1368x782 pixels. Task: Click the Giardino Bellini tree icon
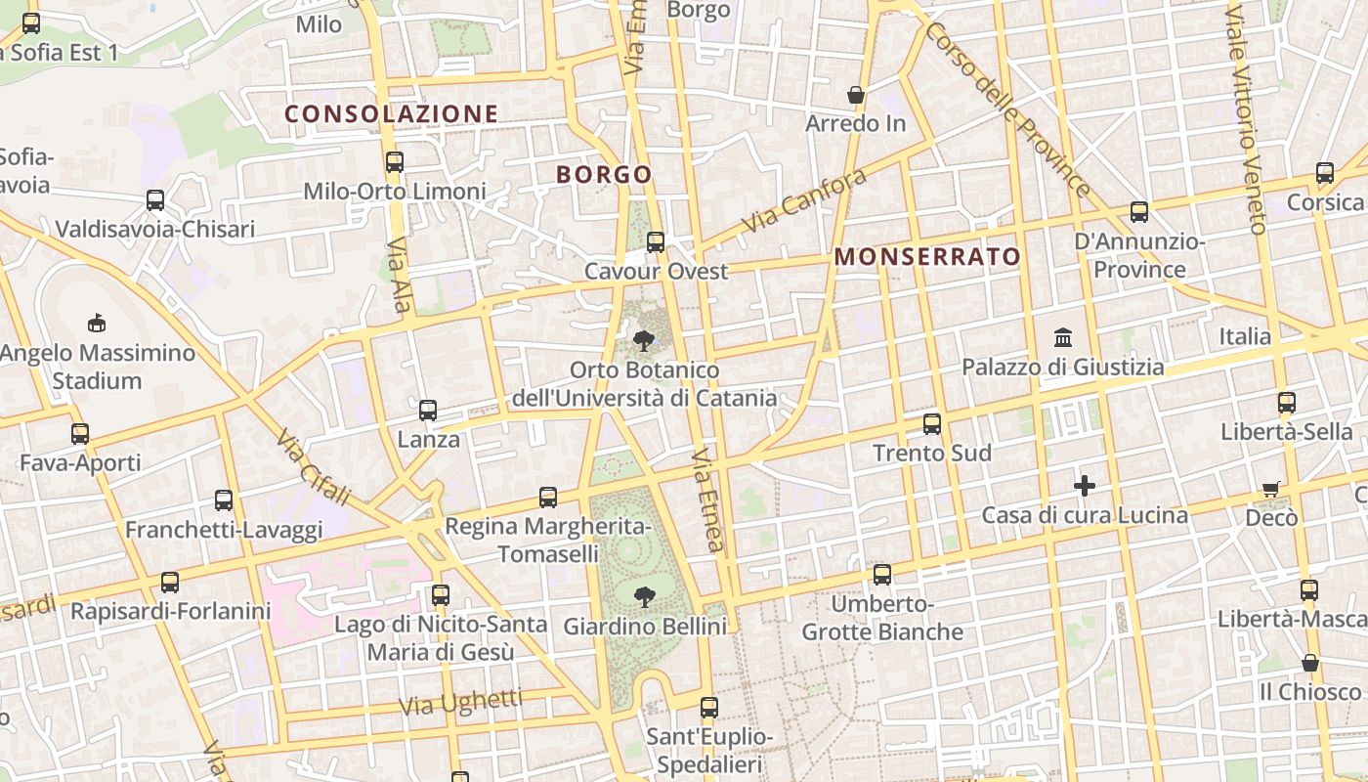click(x=644, y=595)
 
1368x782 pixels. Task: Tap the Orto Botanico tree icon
click(x=644, y=340)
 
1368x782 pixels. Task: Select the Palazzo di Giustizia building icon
click(x=1063, y=338)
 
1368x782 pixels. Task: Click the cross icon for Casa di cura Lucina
click(x=1084, y=485)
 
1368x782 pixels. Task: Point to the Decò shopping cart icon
click(x=1270, y=489)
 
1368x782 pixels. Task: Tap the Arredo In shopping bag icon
click(x=856, y=95)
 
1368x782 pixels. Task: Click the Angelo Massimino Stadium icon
click(x=96, y=323)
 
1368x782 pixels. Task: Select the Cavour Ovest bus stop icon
click(x=656, y=241)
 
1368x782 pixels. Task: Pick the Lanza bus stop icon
click(x=428, y=411)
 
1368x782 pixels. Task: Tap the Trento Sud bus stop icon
click(x=932, y=424)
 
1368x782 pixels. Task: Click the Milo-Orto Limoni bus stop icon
click(x=395, y=162)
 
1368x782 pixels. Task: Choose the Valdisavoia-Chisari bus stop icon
click(x=155, y=200)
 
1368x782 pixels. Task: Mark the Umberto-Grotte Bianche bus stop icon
click(x=882, y=575)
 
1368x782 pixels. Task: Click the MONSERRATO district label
click(x=927, y=257)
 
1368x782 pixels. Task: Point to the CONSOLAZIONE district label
click(x=391, y=114)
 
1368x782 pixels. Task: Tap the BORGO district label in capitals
click(x=604, y=175)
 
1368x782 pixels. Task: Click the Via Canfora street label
click(x=804, y=200)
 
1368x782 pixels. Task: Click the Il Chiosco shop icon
click(x=1310, y=663)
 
